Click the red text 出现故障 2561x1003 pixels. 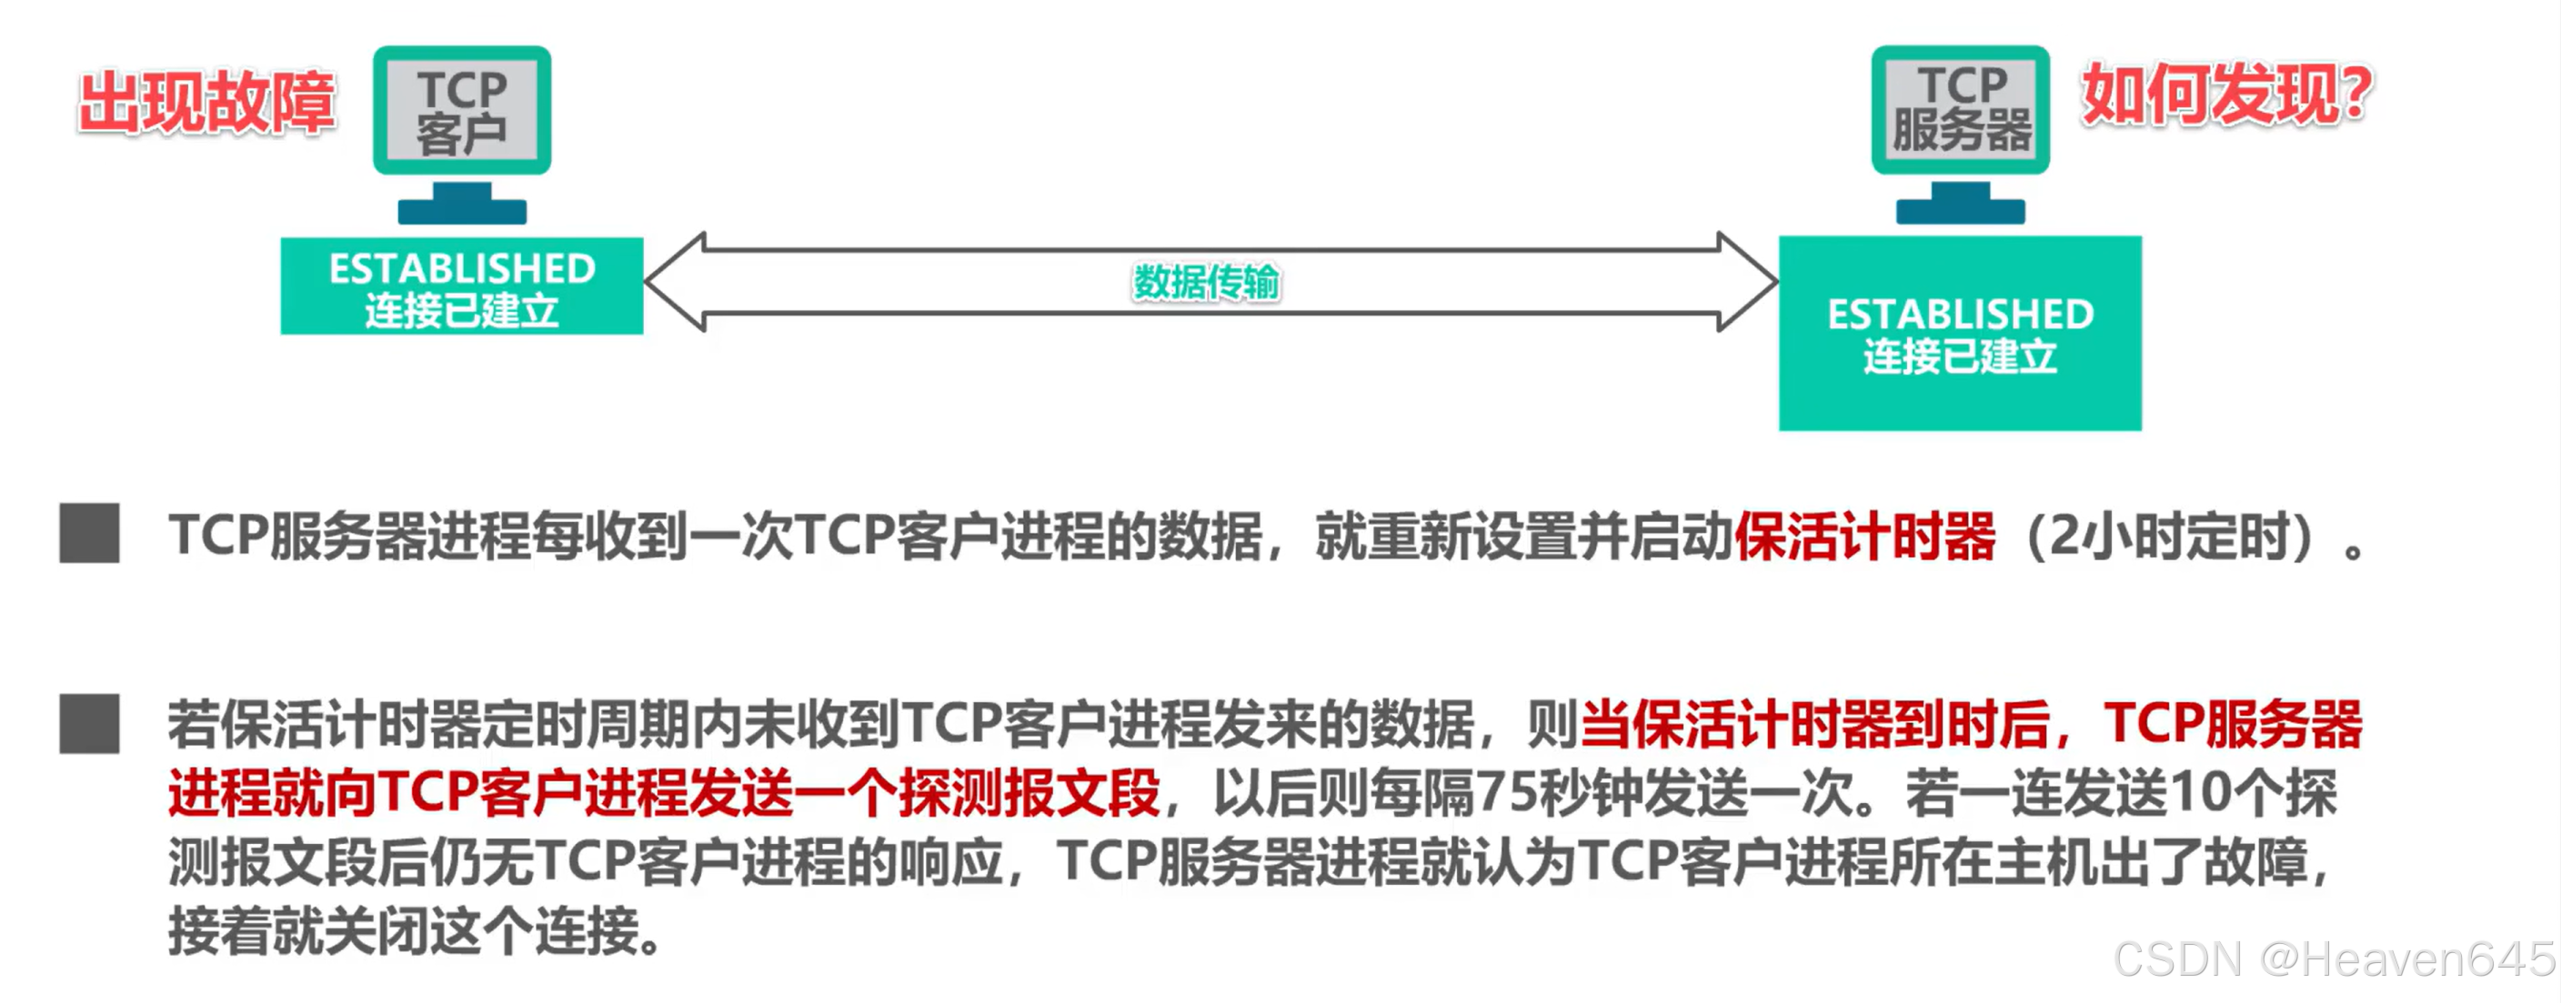click(x=206, y=103)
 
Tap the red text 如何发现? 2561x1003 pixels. click(x=2226, y=95)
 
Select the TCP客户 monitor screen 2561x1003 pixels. click(x=461, y=110)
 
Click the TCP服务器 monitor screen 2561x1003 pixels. click(x=1960, y=109)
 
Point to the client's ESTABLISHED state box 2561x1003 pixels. click(x=461, y=286)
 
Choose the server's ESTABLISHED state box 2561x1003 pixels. click(x=1960, y=333)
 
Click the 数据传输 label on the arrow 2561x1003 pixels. click(x=1206, y=282)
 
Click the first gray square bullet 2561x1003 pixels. click(x=89, y=533)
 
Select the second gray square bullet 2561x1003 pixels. click(x=89, y=723)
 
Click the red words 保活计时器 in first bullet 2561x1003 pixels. click(x=1864, y=536)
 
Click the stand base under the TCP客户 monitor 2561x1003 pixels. click(x=461, y=211)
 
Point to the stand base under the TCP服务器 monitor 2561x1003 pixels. click(x=1960, y=211)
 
